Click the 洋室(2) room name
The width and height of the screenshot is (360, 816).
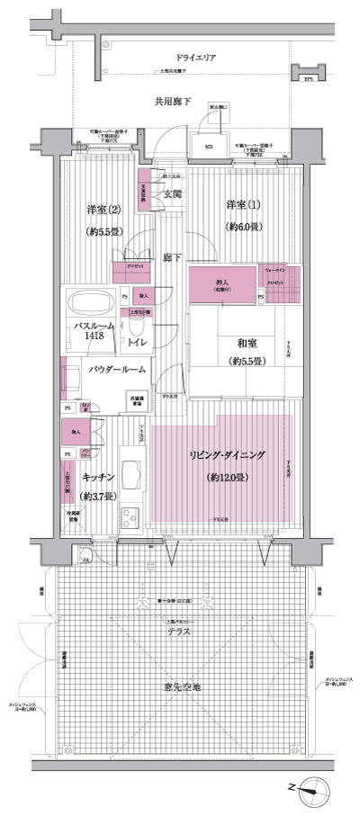104,210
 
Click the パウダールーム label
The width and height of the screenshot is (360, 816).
118,369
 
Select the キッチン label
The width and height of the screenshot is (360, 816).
96,478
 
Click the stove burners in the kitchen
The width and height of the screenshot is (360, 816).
130,516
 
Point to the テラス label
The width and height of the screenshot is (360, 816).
177,632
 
